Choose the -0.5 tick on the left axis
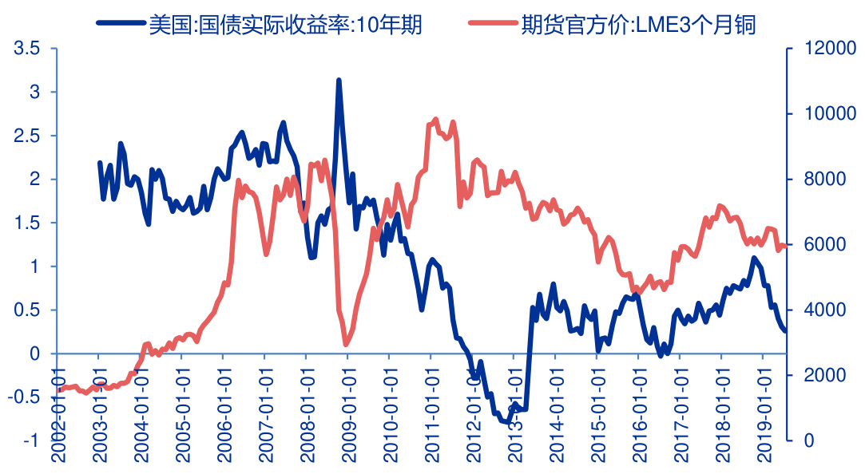[x=23, y=397]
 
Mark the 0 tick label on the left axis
[x=34, y=354]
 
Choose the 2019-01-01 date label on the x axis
[x=763, y=415]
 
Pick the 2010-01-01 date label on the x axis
[x=388, y=415]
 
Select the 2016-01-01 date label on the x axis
[x=638, y=415]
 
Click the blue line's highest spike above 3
[x=339, y=81]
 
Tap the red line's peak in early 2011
[x=435, y=120]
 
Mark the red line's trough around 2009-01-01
[x=346, y=344]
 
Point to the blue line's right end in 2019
[x=785, y=330]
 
